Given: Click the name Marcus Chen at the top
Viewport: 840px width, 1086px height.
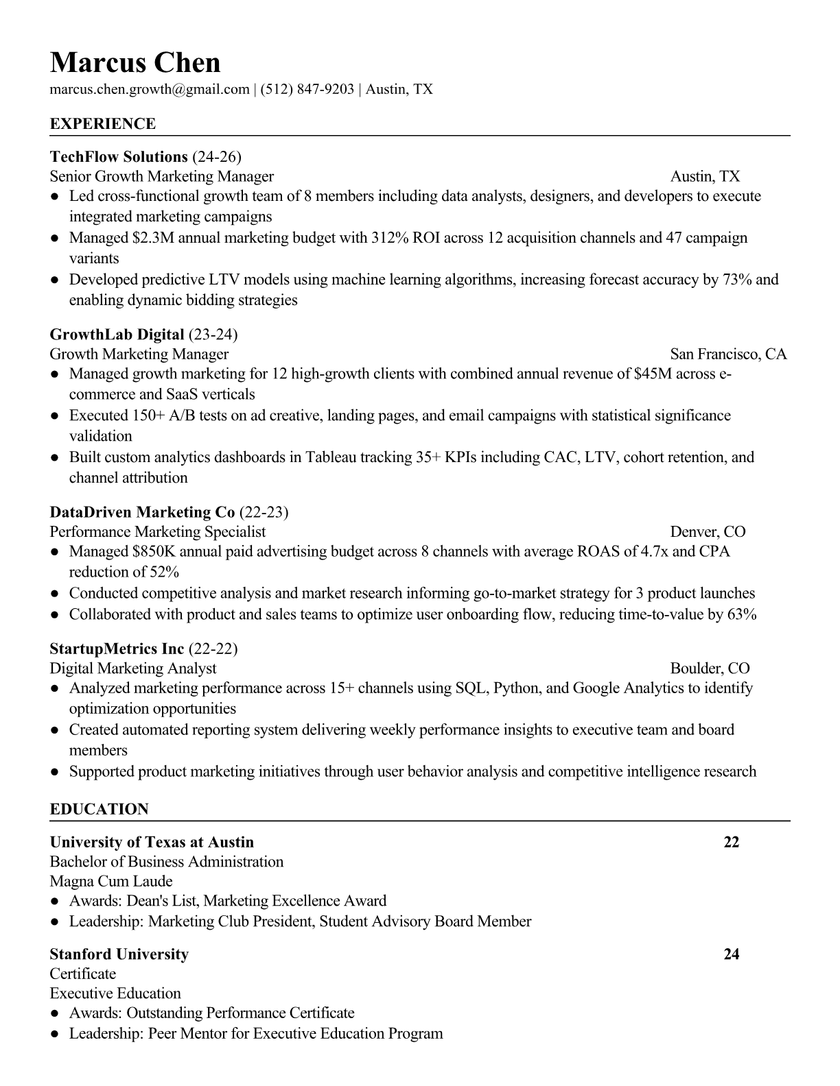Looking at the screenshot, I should click(x=135, y=63).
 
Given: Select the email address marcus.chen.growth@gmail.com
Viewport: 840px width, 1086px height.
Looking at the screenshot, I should click(x=149, y=89).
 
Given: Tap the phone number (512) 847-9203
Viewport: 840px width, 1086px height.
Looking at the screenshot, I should click(x=307, y=89).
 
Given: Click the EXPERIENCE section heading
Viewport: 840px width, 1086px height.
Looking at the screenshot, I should click(x=103, y=124).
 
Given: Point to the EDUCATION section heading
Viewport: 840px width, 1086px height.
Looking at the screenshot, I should click(x=99, y=809).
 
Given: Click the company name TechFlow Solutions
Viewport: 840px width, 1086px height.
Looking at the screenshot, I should click(x=119, y=157).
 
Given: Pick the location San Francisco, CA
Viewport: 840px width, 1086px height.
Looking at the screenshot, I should click(x=728, y=354).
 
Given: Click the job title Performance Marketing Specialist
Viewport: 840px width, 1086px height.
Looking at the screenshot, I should click(x=157, y=532).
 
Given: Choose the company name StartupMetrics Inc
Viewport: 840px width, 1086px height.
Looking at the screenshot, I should click(x=117, y=649).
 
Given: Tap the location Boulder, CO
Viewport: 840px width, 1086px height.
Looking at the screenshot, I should click(x=710, y=668).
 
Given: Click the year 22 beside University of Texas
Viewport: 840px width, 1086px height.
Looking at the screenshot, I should click(x=732, y=843).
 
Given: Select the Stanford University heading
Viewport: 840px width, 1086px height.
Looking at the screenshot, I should click(x=119, y=954).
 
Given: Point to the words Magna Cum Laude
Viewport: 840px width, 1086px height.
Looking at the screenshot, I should click(x=111, y=882).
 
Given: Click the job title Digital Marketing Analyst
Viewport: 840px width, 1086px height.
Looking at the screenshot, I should click(x=132, y=668).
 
